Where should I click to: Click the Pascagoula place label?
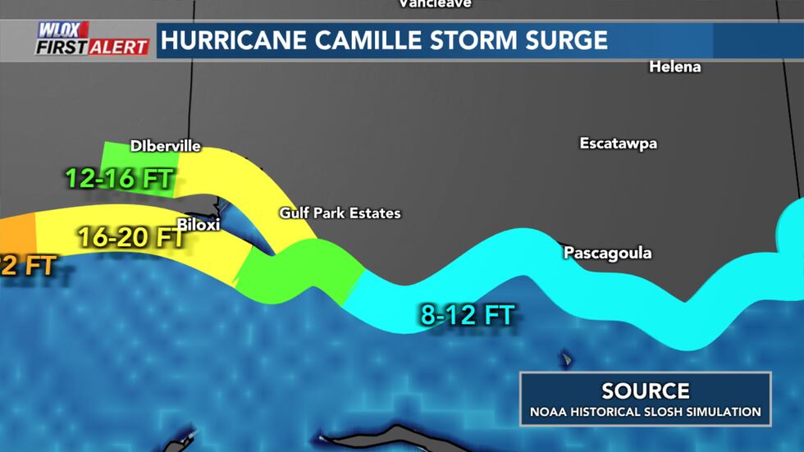[607, 253]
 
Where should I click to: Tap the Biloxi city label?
[199, 224]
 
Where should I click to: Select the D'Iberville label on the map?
[165, 146]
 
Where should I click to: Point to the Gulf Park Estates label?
[340, 213]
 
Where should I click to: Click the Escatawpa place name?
[618, 144]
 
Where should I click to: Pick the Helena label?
[674, 67]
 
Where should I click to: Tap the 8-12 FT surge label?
[467, 315]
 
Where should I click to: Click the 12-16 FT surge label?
[119, 179]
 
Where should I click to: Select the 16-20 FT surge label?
[130, 238]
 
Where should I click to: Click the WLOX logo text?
[62, 30]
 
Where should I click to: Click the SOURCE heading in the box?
[645, 390]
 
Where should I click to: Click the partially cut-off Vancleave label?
[435, 4]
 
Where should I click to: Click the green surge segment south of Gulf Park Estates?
[299, 271]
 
